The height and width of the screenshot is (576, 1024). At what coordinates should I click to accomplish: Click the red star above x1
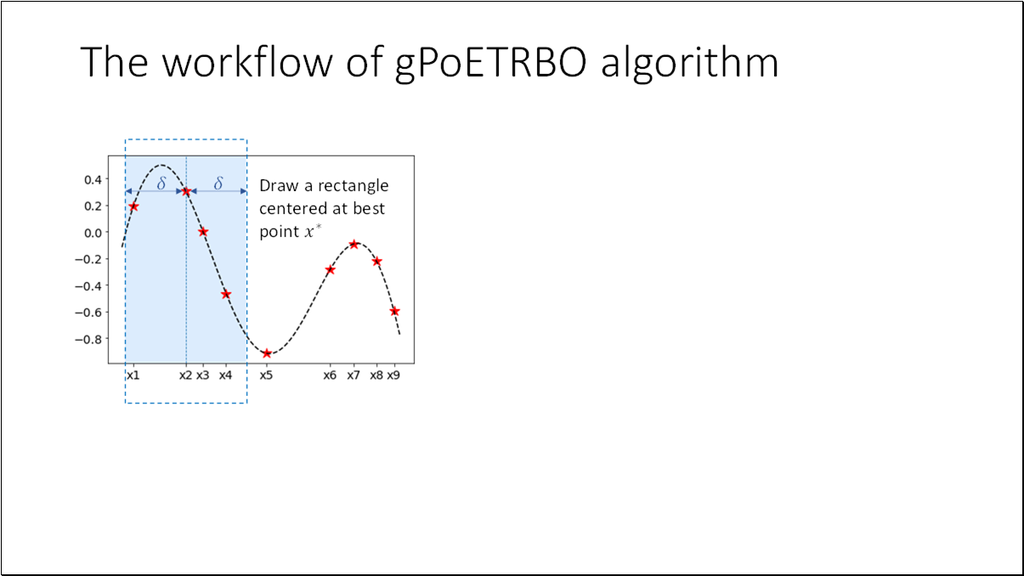[x=134, y=206]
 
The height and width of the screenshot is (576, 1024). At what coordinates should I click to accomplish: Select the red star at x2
[x=186, y=191]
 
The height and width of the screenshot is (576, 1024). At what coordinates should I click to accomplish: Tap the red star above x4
[x=226, y=294]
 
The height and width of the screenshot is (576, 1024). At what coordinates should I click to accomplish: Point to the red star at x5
[x=267, y=353]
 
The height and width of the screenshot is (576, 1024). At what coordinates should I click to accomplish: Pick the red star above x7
[x=354, y=245]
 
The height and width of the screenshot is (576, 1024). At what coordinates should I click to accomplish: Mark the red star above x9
[x=394, y=311]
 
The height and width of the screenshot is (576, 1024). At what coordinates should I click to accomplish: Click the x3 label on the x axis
[x=202, y=375]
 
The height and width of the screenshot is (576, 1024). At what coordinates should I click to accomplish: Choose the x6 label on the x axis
[x=330, y=375]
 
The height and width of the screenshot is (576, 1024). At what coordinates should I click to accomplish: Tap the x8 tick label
[x=376, y=375]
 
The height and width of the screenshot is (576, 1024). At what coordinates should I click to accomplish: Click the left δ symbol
[x=161, y=184]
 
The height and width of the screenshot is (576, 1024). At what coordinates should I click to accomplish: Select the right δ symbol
[x=218, y=184]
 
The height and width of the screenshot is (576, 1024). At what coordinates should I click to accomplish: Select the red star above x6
[x=331, y=270]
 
